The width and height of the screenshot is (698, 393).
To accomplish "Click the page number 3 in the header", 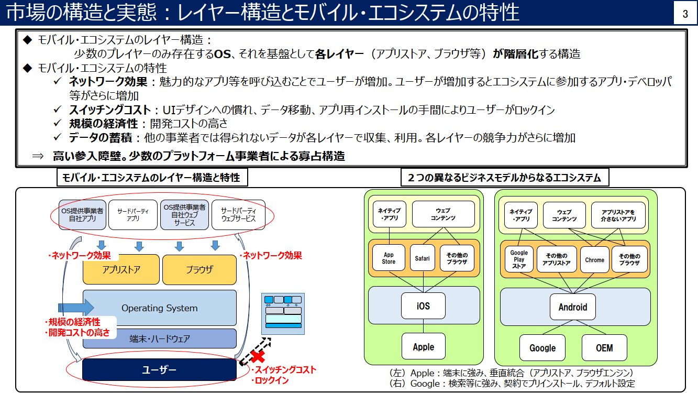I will pyautogui.click(x=685, y=14).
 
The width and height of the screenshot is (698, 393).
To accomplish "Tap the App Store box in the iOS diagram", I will pyautogui.click(x=389, y=258).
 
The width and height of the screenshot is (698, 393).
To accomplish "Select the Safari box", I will pyautogui.click(x=423, y=258).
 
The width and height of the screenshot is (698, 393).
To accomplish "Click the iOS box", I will pyautogui.click(x=423, y=305).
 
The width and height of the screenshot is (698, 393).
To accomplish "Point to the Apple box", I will pyautogui.click(x=423, y=346).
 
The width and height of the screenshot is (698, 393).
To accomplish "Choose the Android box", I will pyautogui.click(x=573, y=307).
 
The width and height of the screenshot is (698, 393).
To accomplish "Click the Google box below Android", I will pyautogui.click(x=542, y=348).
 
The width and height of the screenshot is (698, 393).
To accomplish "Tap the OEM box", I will pyautogui.click(x=604, y=348).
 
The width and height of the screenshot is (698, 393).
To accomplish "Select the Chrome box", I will pyautogui.click(x=594, y=259).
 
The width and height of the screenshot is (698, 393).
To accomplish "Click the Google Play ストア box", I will pyautogui.click(x=519, y=259).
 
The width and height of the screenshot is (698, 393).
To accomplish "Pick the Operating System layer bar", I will pyautogui.click(x=160, y=308).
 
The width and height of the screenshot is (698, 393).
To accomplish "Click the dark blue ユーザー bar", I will pyautogui.click(x=160, y=370).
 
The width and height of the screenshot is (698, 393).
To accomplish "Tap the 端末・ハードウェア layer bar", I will pyautogui.click(x=160, y=339).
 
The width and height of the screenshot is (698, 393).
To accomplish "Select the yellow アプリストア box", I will pyautogui.click(x=121, y=270).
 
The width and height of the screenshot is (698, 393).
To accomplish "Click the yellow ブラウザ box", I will pyautogui.click(x=200, y=270).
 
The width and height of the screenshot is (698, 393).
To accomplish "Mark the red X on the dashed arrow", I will pyautogui.click(x=257, y=356).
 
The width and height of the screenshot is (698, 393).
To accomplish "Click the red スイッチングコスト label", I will pyautogui.click(x=283, y=370).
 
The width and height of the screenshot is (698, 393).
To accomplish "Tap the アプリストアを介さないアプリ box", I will pyautogui.click(x=618, y=215).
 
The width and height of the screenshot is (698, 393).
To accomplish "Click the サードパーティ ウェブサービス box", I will pyautogui.click(x=238, y=214).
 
